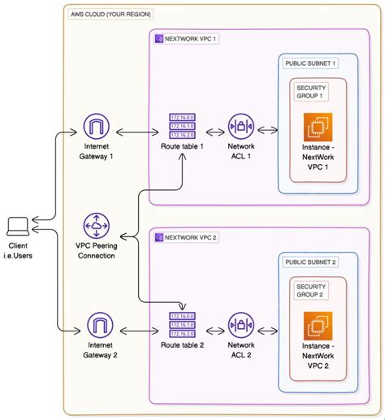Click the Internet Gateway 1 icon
pyautogui.click(x=97, y=128)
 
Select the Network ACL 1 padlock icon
pyautogui.click(x=242, y=128)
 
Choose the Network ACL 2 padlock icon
pyautogui.click(x=242, y=327)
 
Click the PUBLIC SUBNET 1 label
pyautogui.click(x=311, y=63)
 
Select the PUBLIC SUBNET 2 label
pyautogui.click(x=311, y=262)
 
